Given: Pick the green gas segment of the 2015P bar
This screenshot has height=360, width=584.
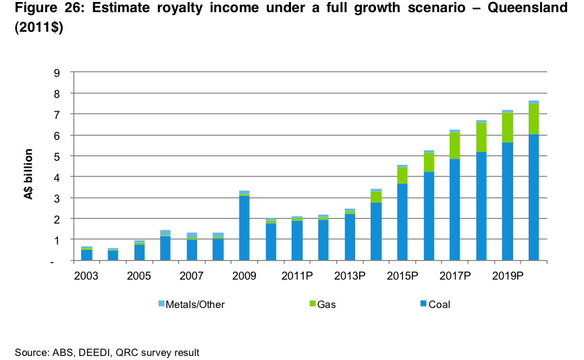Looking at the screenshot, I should [402, 175].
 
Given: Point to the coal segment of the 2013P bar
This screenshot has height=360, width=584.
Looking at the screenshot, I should [350, 237].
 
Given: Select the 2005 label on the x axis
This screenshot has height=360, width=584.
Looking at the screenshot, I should [139, 277].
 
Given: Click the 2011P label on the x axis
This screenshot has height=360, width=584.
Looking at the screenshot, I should [297, 277].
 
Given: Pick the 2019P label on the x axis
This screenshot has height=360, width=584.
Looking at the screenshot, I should [507, 277].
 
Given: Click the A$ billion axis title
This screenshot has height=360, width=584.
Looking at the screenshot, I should [30, 168].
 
